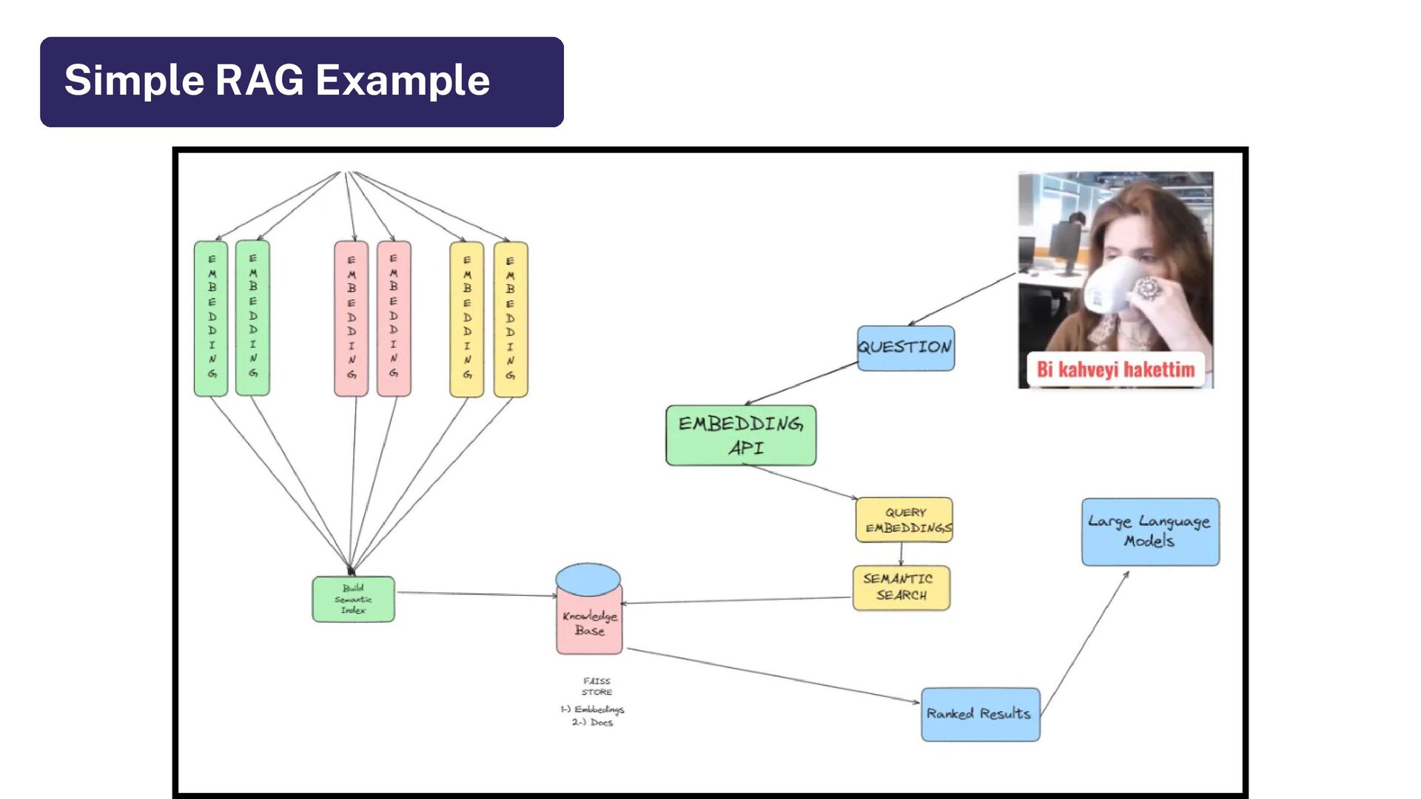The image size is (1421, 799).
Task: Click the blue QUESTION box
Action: click(905, 348)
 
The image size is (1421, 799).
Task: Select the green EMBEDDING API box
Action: click(741, 435)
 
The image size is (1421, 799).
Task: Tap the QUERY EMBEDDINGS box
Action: click(904, 520)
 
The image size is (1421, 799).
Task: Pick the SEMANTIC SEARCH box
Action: click(901, 587)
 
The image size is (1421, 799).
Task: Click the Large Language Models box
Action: click(1150, 532)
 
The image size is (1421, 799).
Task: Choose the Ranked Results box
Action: click(980, 714)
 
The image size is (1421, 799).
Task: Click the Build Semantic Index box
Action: click(353, 599)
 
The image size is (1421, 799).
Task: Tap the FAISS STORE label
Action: click(597, 687)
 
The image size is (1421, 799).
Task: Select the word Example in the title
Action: click(403, 80)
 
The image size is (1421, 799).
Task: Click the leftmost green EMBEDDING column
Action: click(211, 318)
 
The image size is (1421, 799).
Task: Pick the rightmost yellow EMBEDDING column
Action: click(510, 319)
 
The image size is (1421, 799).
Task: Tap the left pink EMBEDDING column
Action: click(351, 318)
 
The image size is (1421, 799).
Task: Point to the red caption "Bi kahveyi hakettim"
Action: click(1115, 369)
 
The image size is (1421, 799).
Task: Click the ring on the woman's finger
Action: click(1149, 288)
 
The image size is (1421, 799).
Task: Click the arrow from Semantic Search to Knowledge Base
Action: click(736, 600)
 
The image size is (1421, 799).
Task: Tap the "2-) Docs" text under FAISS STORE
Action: click(592, 723)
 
